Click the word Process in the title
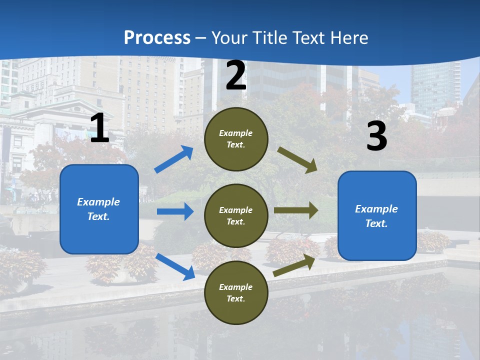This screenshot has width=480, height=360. pyautogui.click(x=157, y=37)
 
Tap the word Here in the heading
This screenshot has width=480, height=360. pyautogui.click(x=348, y=37)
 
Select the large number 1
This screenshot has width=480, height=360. pyautogui.click(x=99, y=128)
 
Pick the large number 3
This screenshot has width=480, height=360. pyautogui.click(x=376, y=136)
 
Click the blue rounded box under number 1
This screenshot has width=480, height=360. pyautogui.click(x=99, y=209)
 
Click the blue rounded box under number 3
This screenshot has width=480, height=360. pyautogui.click(x=377, y=216)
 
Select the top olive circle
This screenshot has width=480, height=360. pyautogui.click(x=236, y=139)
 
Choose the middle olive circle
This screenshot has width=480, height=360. pyautogui.click(x=236, y=216)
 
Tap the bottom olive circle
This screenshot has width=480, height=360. pyautogui.click(x=236, y=293)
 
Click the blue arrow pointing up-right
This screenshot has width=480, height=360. pyautogui.click(x=174, y=159)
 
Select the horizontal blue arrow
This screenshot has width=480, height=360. pyautogui.click(x=175, y=211)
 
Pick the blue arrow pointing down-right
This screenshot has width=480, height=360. pyautogui.click(x=175, y=266)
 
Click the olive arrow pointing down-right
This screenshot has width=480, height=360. pyautogui.click(x=297, y=160)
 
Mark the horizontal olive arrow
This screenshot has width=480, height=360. pyautogui.click(x=296, y=210)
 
